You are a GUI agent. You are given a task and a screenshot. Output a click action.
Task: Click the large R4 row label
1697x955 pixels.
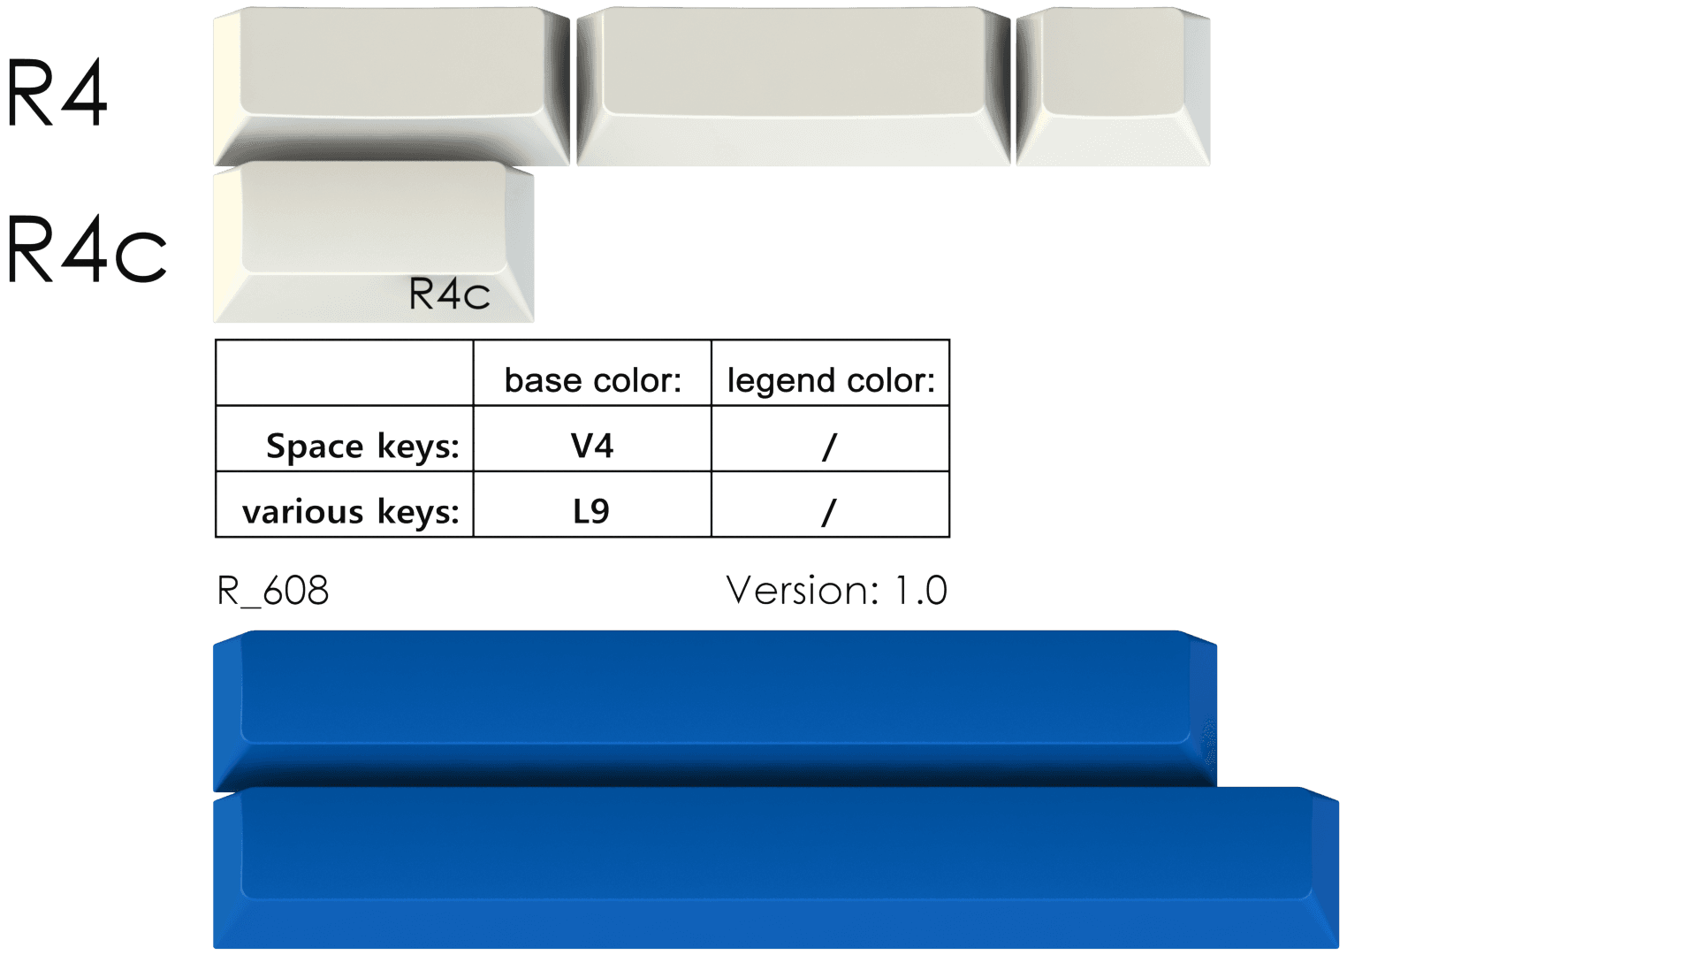click(x=57, y=94)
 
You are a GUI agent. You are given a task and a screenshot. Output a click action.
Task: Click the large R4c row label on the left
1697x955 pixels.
click(x=87, y=250)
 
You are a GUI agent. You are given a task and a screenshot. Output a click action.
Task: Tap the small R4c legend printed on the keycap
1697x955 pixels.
click(x=449, y=294)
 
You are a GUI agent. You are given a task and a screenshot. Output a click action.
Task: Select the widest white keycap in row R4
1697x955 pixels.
click(x=793, y=86)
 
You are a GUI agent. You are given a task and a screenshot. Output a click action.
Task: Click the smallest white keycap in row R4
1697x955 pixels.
click(x=1113, y=86)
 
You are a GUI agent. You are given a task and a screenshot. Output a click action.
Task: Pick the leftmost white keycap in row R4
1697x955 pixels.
click(x=391, y=86)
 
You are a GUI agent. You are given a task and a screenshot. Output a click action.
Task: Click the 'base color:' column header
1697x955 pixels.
click(x=592, y=380)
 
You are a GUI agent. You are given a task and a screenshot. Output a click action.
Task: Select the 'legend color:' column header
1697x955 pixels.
click(x=831, y=380)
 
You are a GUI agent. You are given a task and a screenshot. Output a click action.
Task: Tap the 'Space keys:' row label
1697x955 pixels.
click(x=362, y=446)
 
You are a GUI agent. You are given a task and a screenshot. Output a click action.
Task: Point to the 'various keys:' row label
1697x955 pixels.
click(x=351, y=511)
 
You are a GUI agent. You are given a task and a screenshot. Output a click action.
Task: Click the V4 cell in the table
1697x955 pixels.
click(x=592, y=446)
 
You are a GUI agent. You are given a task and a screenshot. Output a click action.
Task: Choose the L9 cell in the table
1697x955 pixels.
click(x=592, y=511)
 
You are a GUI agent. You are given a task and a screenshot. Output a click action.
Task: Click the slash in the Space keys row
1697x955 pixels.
click(x=829, y=446)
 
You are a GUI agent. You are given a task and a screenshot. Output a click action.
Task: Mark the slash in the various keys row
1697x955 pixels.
click(x=829, y=511)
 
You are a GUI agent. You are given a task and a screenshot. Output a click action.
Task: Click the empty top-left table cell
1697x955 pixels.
click(x=345, y=373)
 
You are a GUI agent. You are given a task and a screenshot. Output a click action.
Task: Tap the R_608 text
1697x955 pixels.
click(x=273, y=591)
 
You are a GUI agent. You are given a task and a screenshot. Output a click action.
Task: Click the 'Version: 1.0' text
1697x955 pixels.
click(x=836, y=591)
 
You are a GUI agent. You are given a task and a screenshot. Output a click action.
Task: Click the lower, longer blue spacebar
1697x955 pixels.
click(x=775, y=867)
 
